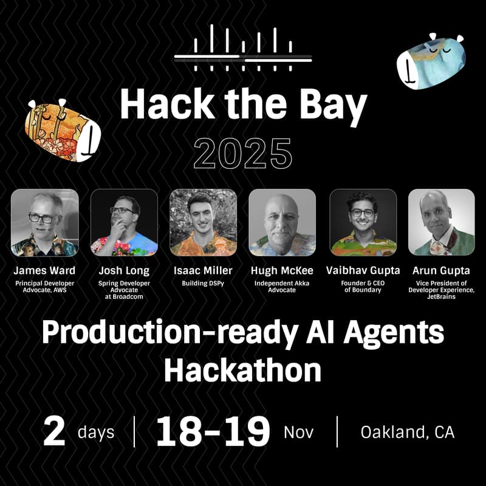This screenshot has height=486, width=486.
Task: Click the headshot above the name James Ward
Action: point(45,222)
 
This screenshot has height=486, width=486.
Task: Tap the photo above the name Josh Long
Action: point(124,222)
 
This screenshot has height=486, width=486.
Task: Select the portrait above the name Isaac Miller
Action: point(203,222)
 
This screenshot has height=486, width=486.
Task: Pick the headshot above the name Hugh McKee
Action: point(282,222)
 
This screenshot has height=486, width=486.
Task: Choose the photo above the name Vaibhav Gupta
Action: point(363,222)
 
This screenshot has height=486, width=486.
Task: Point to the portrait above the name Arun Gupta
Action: point(441,222)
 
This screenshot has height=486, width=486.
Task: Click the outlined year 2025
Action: point(242,154)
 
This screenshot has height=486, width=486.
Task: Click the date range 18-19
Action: point(213,432)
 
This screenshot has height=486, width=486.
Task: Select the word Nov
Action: point(298,432)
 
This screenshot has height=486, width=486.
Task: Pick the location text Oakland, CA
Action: point(407,432)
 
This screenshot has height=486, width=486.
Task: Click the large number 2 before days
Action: point(55,432)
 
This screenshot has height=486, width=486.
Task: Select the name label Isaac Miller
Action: point(203,270)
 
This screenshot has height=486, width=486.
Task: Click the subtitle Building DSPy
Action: point(203,282)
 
